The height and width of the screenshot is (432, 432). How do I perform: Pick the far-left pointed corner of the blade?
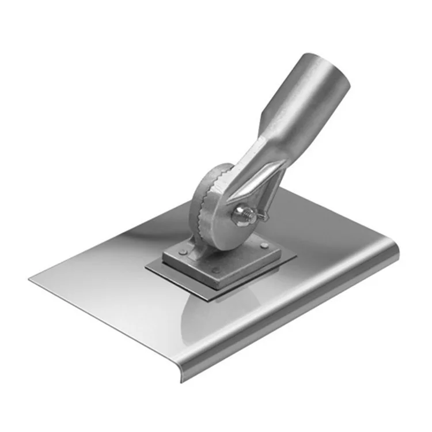pos(30,278)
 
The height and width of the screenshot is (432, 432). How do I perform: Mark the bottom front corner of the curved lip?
pos(183,380)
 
